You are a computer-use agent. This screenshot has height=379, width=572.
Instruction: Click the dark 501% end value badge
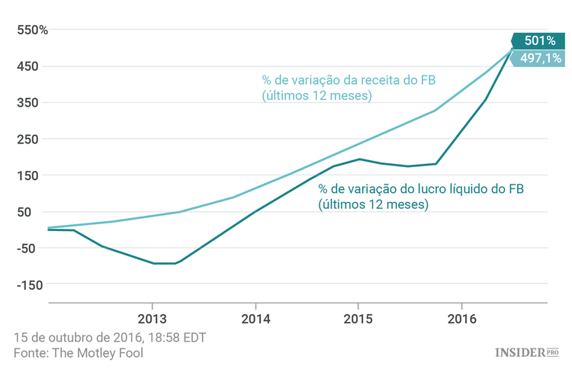(x=539, y=41)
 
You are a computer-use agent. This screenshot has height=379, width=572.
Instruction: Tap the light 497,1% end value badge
(x=539, y=58)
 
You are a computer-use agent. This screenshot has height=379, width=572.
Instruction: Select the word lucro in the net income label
(x=434, y=188)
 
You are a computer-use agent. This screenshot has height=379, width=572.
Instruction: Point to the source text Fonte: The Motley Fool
(x=79, y=353)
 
